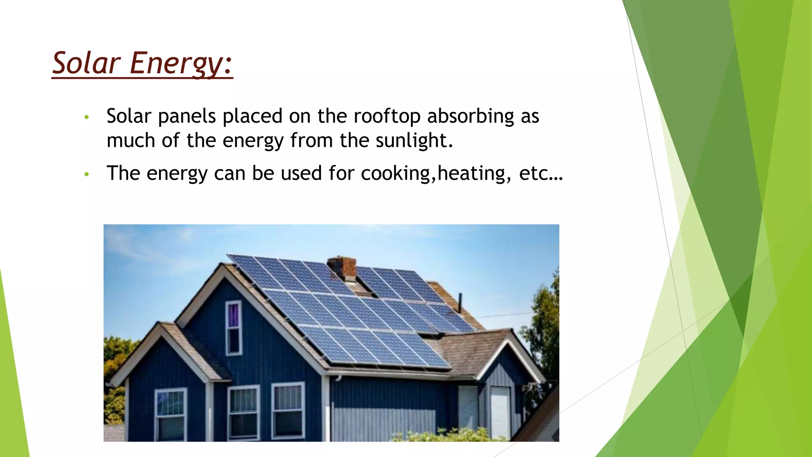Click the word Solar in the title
point(86,63)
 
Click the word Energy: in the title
point(181,63)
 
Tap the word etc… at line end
point(541,173)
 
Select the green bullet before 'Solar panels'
point(86,117)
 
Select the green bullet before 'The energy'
point(86,174)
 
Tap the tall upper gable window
point(234,328)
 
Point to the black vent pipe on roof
point(460,303)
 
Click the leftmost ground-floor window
point(170,413)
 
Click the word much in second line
point(130,140)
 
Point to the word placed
point(252,116)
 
